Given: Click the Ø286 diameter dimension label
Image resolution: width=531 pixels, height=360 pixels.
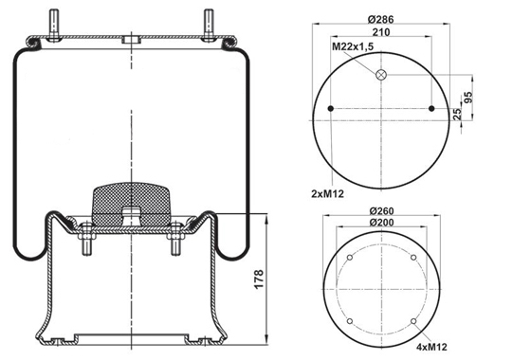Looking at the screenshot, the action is point(380,19).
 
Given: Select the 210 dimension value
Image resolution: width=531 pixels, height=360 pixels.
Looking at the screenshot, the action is point(381,32).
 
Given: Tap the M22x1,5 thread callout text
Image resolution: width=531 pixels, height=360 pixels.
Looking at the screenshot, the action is point(353,46).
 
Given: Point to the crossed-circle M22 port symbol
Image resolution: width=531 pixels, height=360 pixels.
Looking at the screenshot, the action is point(381,75).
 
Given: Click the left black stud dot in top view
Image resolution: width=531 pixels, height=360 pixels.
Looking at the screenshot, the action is point(331,109).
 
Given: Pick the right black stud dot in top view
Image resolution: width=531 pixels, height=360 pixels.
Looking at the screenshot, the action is point(431,109).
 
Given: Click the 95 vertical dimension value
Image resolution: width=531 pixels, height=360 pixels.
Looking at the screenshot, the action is point(467,98).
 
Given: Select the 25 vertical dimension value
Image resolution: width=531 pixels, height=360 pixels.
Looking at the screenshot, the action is point(457,114).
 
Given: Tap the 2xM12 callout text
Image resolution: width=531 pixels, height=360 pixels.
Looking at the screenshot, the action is point(327,194).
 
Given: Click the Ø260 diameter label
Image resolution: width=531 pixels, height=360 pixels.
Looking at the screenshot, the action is point(381,211).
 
